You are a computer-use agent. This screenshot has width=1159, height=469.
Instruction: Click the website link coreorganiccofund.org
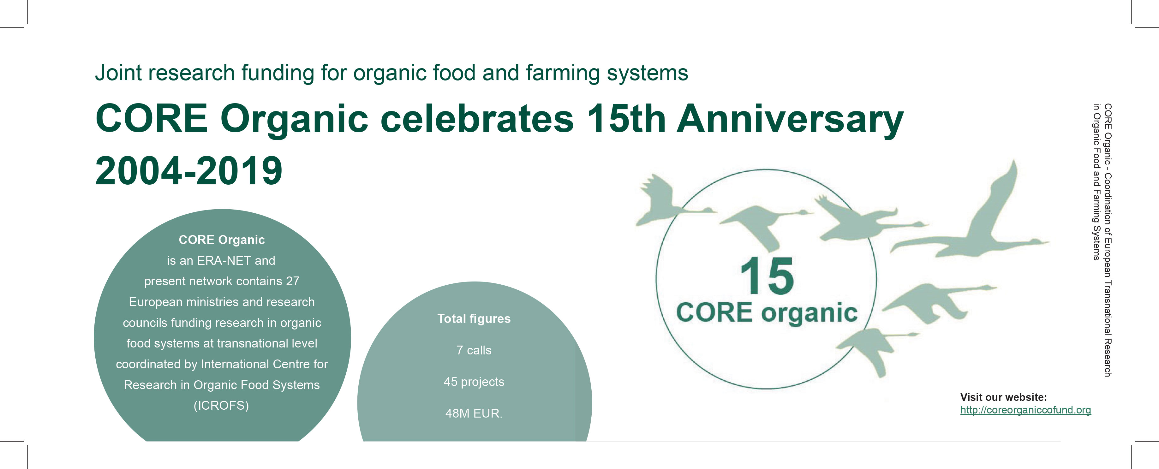[x=1025, y=410]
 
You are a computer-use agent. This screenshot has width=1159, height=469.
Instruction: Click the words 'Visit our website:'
[x=1003, y=397]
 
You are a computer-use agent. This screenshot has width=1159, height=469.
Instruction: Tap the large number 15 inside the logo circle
[x=767, y=276]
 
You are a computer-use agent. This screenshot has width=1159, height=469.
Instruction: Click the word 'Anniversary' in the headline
[x=790, y=119]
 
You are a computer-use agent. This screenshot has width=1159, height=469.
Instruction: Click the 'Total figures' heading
[x=474, y=318]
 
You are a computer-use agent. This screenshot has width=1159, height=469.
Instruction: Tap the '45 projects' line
[x=474, y=382]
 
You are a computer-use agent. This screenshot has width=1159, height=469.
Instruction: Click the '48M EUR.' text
[x=474, y=413]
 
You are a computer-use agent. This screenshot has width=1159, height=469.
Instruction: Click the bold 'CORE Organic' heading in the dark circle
[x=222, y=240]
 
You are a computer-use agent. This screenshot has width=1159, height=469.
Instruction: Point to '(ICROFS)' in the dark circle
[x=221, y=406]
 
